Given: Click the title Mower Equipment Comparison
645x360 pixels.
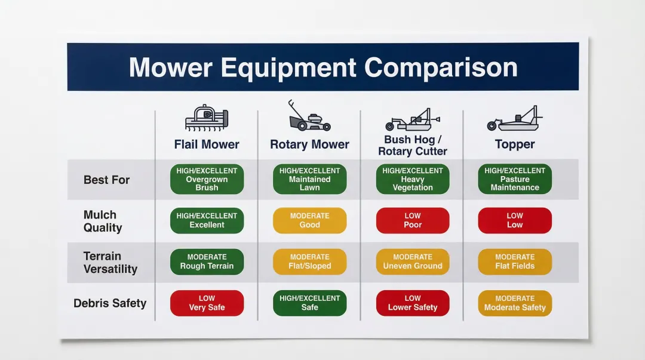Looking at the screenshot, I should click(323, 67).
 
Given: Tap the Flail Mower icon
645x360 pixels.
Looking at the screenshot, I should click(207, 118).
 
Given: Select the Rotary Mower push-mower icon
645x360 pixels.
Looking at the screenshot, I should click(308, 116).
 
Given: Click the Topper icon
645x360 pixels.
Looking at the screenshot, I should click(514, 119).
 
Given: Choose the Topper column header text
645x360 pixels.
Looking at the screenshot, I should click(515, 144).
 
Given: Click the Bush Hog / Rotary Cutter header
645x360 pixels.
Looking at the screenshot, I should click(412, 145).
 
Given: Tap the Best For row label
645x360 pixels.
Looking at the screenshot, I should click(106, 180).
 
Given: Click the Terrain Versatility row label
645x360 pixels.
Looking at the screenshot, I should click(110, 262).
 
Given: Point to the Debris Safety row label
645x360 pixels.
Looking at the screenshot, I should click(110, 303).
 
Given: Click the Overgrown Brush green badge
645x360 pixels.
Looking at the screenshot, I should click(207, 179).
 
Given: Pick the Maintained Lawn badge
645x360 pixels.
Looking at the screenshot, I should click(309, 179).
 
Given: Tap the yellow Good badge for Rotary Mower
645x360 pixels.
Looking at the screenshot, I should click(309, 220).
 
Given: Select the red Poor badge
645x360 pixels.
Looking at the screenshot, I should click(413, 220).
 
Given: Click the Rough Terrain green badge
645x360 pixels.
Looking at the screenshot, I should click(207, 261).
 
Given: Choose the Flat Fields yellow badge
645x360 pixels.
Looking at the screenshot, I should click(515, 261).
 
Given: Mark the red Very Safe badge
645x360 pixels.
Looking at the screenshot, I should click(207, 303).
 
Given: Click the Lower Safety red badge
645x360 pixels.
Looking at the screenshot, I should click(413, 303).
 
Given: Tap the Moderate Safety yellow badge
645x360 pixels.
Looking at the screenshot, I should click(515, 303).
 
